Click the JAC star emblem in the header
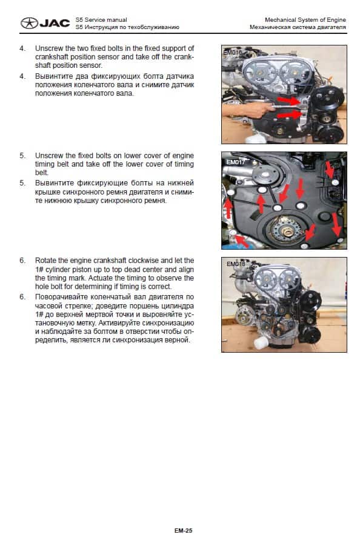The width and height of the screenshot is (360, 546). pos(29,23)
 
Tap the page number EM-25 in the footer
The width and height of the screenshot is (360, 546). pos(183,530)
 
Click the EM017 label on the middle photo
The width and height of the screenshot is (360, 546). pos(236,162)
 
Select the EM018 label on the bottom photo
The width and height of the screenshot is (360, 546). pos(236,264)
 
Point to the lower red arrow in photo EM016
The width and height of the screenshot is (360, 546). pos(288,114)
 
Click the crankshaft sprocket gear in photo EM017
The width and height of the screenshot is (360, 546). pos(286,230)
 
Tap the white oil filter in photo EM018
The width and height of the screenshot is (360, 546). pos(260,343)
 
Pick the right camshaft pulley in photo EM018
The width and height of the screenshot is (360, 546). pos(290,279)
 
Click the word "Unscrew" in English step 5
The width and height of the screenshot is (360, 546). pos(49,156)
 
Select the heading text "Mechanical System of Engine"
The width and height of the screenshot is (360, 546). pos(305,20)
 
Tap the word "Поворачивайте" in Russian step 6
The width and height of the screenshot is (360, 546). pos(60,297)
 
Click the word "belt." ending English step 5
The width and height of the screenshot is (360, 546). pos(42,173)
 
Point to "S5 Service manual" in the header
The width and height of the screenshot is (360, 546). pos(101,20)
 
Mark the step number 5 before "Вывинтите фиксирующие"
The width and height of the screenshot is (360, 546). pos(22,183)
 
